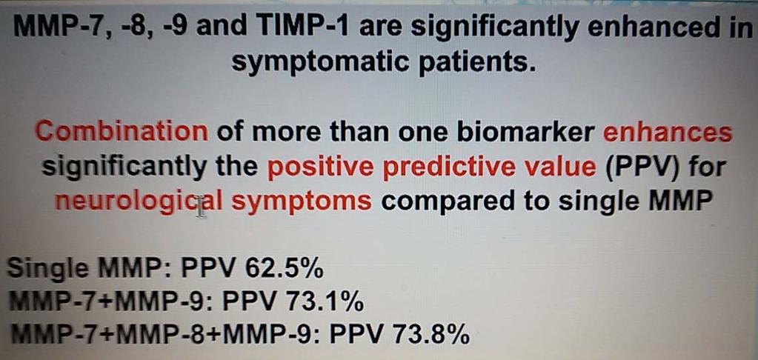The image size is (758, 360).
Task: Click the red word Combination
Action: (122, 132)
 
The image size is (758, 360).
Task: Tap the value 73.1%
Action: (325, 302)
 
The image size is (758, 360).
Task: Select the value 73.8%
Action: (430, 335)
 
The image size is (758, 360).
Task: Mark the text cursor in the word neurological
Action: (202, 208)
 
